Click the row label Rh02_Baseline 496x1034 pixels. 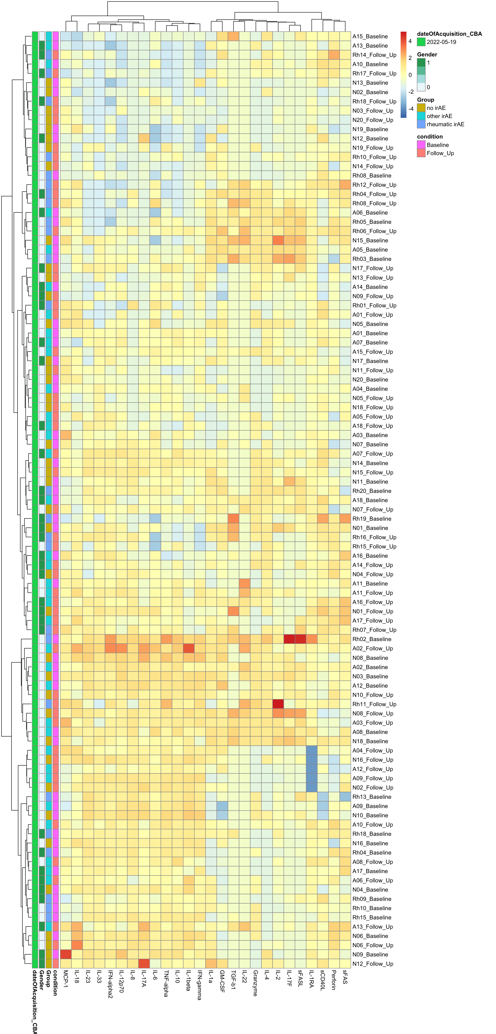[x=372, y=639]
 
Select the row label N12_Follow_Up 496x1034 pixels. [x=372, y=964]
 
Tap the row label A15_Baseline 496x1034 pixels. [x=370, y=37]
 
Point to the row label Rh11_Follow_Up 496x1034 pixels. [x=374, y=704]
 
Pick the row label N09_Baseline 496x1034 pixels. [x=370, y=955]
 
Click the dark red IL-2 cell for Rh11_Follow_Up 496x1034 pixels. [x=278, y=704]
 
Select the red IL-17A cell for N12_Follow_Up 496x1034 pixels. [x=144, y=964]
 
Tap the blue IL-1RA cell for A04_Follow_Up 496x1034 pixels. [x=312, y=751]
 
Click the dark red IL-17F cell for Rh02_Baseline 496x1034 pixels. [x=289, y=639]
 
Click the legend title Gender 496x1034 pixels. [x=427, y=55]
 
